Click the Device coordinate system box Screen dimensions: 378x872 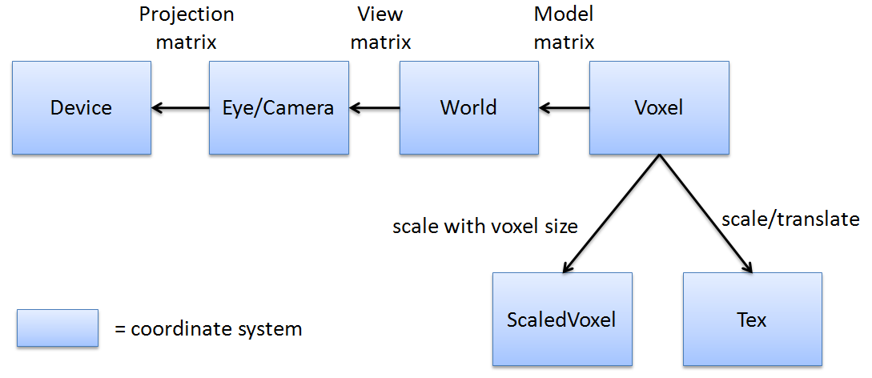coord(81,108)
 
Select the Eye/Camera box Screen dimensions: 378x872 coord(278,108)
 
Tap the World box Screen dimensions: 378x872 coord(468,108)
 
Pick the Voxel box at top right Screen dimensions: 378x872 coord(659,108)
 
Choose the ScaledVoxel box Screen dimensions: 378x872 coord(561,320)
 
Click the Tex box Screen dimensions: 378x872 coord(752,320)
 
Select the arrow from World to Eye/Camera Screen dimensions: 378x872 coord(374,108)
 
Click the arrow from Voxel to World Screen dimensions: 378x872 coord(564,108)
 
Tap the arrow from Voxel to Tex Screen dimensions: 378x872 coord(706,212)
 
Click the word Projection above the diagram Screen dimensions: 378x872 coord(186,14)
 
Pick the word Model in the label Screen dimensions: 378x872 coord(564,14)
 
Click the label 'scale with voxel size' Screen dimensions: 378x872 coord(484,227)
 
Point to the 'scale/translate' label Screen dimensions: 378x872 coord(790,219)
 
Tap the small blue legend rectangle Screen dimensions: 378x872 coord(58,328)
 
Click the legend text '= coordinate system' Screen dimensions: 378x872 coord(208,328)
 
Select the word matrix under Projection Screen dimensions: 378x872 coord(186,42)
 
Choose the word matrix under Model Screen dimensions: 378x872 coord(564,42)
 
